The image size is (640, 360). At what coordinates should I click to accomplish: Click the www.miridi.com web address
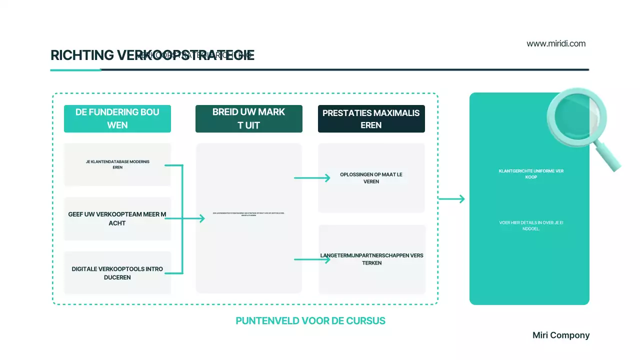tap(556, 43)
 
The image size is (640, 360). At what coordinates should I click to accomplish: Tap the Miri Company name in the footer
tap(561, 335)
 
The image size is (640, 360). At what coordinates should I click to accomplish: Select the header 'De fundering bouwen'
tap(117, 118)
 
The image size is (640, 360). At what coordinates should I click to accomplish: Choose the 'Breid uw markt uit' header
tap(249, 118)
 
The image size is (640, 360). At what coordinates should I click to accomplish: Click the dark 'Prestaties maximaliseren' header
tap(371, 118)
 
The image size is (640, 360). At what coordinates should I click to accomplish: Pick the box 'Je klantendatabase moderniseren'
tap(117, 164)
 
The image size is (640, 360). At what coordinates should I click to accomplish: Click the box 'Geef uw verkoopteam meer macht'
tap(117, 218)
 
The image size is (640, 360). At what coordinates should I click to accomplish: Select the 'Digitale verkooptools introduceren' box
tap(117, 273)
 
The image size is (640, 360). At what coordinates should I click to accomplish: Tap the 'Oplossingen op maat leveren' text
tap(371, 178)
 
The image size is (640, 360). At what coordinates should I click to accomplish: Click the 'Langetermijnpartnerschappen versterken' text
tap(371, 259)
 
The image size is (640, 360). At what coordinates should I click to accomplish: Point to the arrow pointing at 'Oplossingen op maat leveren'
tap(312, 177)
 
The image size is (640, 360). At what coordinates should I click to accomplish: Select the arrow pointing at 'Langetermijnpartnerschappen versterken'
tap(312, 259)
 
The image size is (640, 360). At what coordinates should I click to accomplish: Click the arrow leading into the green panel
tap(451, 199)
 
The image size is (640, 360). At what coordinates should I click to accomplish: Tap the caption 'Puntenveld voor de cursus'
tap(310, 321)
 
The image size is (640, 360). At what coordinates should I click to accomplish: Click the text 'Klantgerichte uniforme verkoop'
tap(531, 174)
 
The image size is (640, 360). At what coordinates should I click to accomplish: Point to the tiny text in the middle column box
tap(249, 214)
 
